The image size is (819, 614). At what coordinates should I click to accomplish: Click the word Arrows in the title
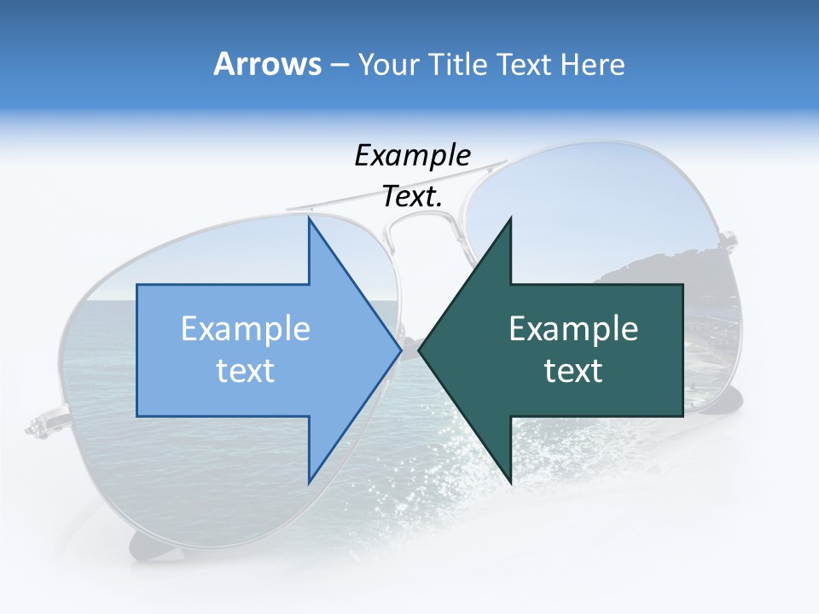tap(266, 64)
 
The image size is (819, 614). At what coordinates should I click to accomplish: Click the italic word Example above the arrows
tap(412, 156)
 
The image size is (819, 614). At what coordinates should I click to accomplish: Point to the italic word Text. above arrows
tap(412, 197)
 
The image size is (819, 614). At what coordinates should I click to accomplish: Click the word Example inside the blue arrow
tap(245, 329)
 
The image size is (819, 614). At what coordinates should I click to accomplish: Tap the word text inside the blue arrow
tap(245, 371)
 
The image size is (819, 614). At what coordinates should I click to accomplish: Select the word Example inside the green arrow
tap(573, 329)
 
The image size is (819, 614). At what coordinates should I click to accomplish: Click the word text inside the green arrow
tap(573, 371)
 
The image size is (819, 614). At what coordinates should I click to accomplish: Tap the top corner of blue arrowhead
tap(309, 218)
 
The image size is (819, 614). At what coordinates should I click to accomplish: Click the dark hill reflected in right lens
tap(665, 264)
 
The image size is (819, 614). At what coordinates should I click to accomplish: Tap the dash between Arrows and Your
tap(338, 65)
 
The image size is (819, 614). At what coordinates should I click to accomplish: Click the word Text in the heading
tap(525, 64)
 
